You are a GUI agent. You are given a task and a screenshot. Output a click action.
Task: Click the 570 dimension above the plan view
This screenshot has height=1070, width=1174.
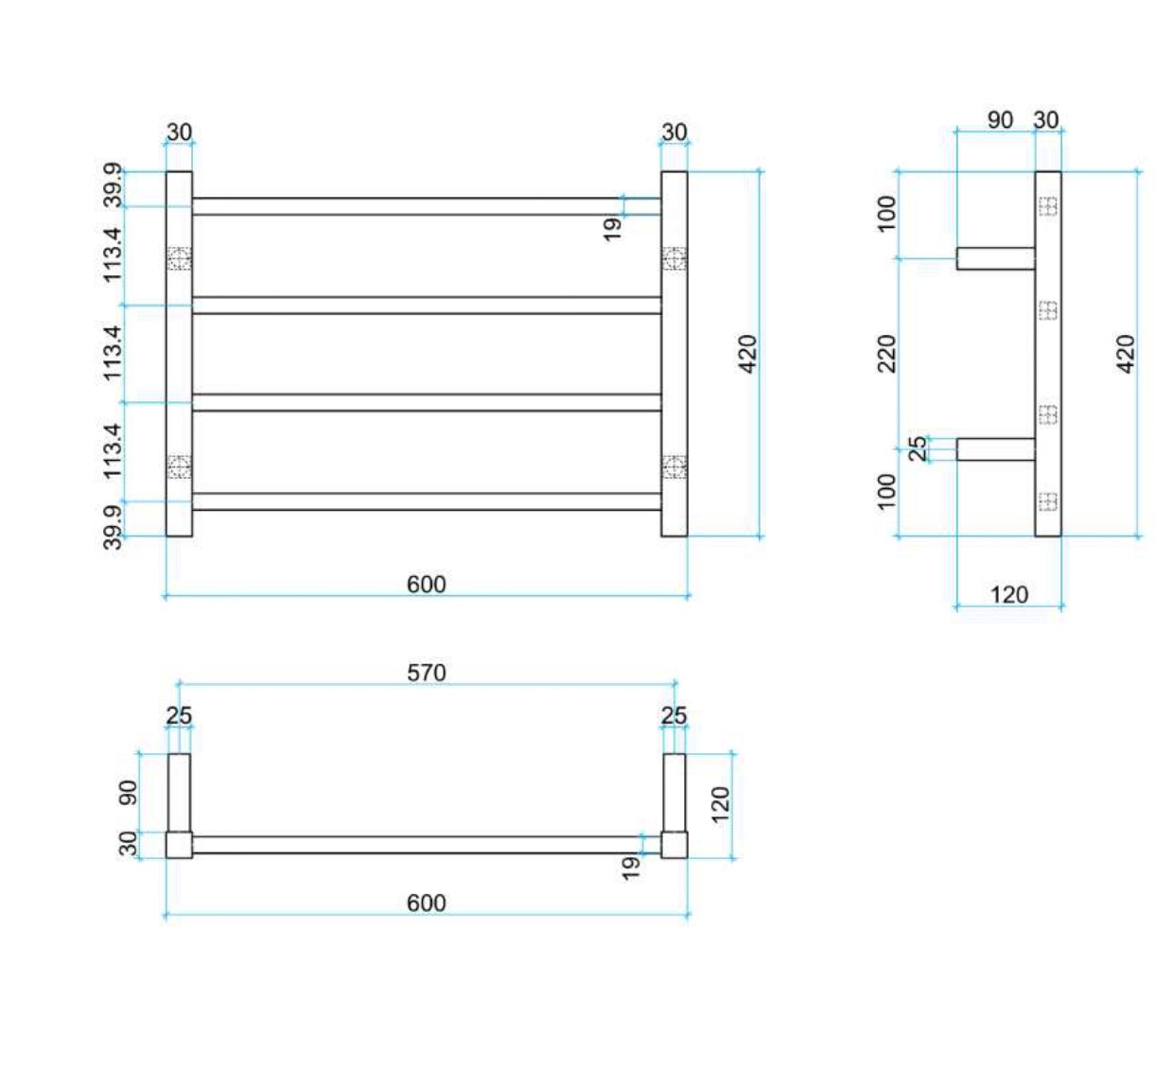click(426, 673)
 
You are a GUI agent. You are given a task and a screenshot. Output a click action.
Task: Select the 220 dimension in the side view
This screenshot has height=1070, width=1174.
click(886, 354)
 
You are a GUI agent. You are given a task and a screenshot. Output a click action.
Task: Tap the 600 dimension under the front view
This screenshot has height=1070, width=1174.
click(426, 585)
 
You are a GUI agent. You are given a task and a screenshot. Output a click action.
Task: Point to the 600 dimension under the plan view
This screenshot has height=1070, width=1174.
click(426, 903)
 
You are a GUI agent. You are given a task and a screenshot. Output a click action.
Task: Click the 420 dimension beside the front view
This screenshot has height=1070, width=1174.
click(747, 354)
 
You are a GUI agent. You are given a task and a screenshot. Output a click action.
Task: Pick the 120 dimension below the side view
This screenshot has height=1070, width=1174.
click(1008, 595)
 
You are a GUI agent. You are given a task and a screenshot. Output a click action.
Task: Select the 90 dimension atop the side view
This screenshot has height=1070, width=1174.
click(1000, 120)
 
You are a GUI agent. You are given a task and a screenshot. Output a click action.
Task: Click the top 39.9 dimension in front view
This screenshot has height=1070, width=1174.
click(113, 186)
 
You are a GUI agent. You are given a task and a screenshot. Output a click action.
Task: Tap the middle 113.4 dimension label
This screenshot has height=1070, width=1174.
click(113, 353)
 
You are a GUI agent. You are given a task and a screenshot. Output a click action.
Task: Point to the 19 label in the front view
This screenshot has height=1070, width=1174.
click(612, 228)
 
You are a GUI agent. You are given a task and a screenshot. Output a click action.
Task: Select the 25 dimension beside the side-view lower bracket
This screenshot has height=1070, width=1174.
click(918, 448)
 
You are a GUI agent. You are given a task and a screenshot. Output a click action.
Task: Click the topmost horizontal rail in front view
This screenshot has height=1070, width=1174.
click(426, 206)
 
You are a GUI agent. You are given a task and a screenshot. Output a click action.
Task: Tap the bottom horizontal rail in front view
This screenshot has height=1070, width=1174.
click(426, 501)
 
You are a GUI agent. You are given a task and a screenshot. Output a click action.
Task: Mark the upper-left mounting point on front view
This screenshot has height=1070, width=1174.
click(179, 258)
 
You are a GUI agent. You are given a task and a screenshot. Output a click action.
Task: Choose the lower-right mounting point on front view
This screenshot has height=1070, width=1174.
click(674, 466)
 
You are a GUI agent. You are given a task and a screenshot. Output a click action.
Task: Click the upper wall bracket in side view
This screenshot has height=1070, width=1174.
click(995, 258)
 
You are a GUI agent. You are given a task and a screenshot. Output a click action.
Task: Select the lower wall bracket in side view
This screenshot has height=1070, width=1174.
click(995, 449)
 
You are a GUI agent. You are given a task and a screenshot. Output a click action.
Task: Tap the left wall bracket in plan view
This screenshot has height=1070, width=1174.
click(179, 793)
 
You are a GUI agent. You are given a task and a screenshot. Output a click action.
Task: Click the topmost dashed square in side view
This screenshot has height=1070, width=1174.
click(1047, 205)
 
